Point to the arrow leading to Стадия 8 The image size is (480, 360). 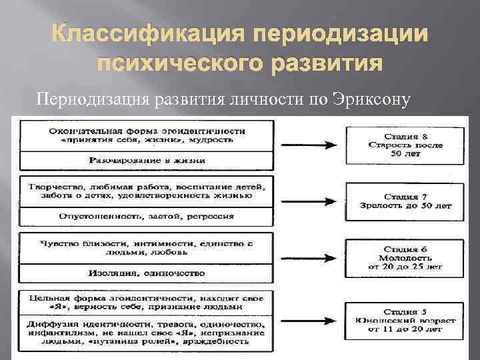[307, 143]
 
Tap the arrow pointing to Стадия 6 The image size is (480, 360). [307, 257]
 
